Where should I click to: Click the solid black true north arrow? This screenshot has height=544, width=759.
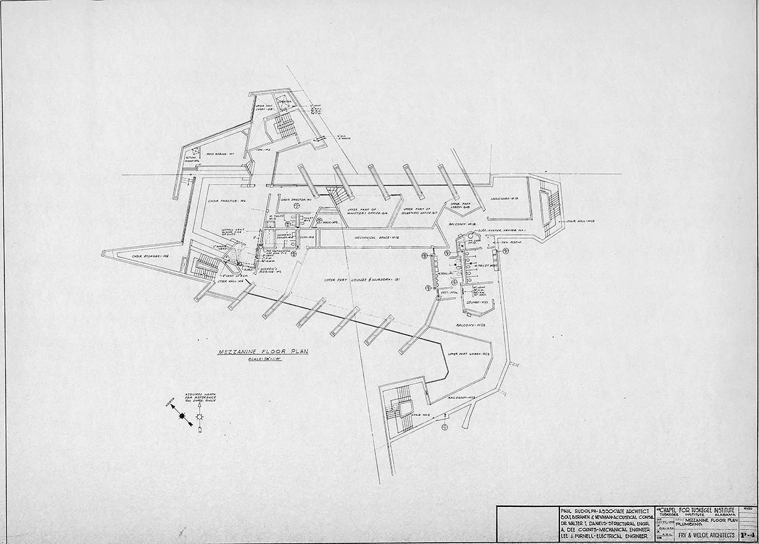click(x=183, y=416)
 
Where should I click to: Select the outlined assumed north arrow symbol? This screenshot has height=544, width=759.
click(x=200, y=417)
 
